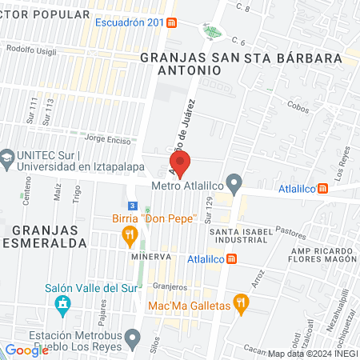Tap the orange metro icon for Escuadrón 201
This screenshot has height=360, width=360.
tap(173, 22)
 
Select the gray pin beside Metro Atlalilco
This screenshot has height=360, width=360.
tap(234, 185)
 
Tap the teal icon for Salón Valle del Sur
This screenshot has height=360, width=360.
tap(62, 305)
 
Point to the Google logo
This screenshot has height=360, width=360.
tap(26, 350)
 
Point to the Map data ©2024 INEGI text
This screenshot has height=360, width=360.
tap(313, 354)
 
